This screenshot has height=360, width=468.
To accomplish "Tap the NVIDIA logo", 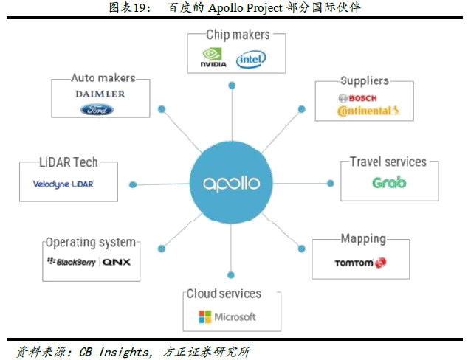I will pyautogui.click(x=213, y=59).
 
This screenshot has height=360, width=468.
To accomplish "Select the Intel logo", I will pyautogui.click(x=251, y=58).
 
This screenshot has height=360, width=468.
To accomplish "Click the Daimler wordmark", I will pyautogui.click(x=100, y=94).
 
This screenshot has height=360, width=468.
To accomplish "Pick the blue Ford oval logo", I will pyautogui.click(x=97, y=110).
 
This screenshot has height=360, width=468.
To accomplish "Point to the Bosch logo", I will pyautogui.click(x=357, y=98).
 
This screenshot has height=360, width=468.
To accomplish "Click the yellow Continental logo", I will pyautogui.click(x=368, y=111).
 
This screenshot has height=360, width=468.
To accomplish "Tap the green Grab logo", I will pyautogui.click(x=388, y=182).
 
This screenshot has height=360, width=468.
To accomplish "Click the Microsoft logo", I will pyautogui.click(x=227, y=316).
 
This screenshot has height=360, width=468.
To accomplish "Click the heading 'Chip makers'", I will pyautogui.click(x=238, y=35).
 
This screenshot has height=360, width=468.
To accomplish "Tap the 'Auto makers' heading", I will pyautogui.click(x=103, y=77).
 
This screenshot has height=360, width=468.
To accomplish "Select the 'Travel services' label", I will pyautogui.click(x=388, y=162).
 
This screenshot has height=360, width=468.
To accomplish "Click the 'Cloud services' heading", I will pyautogui.click(x=224, y=294).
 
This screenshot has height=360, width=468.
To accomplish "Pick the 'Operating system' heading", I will pyautogui.click(x=90, y=242).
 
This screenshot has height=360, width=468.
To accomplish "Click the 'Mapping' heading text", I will pyautogui.click(x=363, y=238).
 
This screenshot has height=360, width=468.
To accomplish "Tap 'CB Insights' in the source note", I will pyautogui.click(x=109, y=351).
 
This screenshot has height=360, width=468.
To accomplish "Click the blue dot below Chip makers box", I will pyautogui.click(x=231, y=86).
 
